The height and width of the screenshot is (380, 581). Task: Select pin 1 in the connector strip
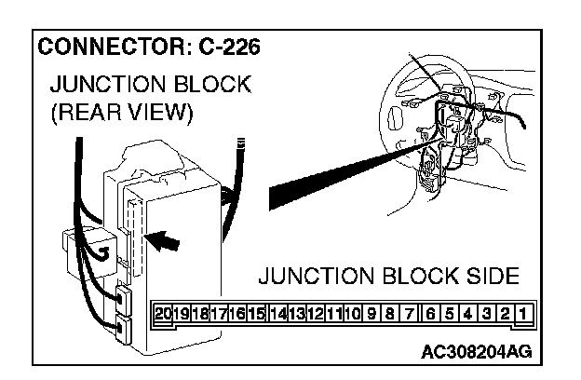point(523,314)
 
